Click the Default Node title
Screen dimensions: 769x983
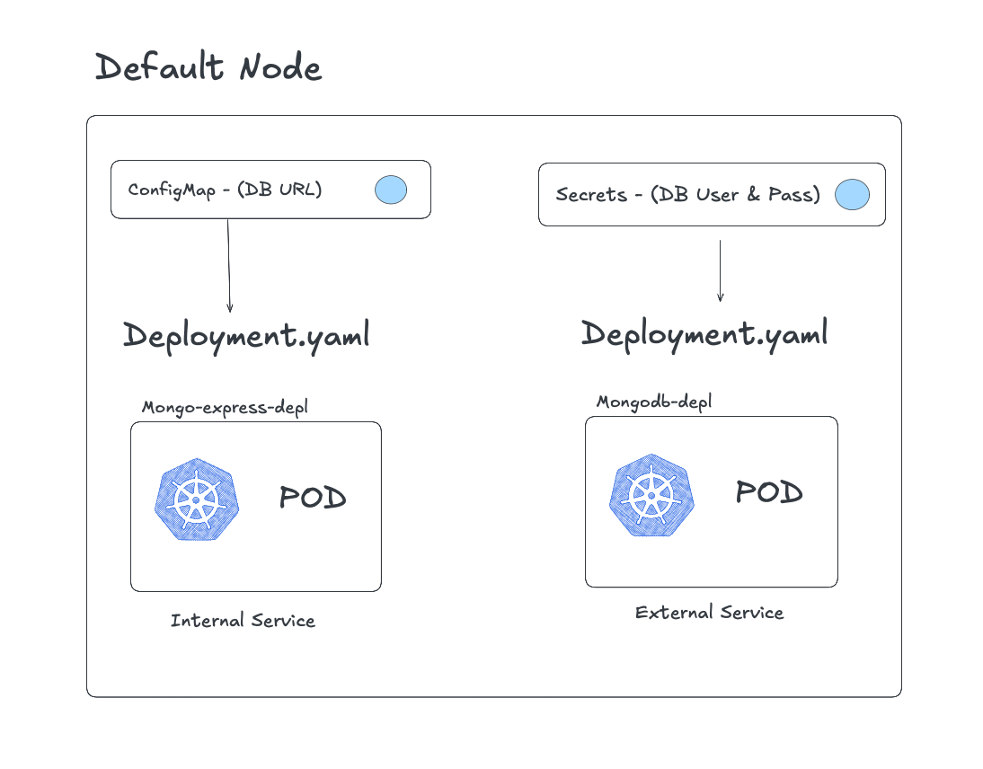tap(208, 67)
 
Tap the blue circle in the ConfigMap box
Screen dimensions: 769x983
tap(390, 190)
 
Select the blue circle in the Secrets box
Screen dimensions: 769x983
tap(852, 195)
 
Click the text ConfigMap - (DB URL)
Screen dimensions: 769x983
tap(225, 190)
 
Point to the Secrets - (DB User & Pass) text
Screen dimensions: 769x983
tap(687, 195)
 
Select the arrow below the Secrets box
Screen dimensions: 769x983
tap(720, 270)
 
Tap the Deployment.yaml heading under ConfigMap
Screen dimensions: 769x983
tap(246, 336)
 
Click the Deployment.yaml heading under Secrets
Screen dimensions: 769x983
tap(704, 334)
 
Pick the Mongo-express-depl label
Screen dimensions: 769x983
tap(225, 408)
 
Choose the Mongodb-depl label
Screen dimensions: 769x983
tap(654, 402)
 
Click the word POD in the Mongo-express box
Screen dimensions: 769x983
tap(312, 498)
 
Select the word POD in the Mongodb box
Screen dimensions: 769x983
tap(768, 492)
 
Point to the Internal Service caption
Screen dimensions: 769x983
tap(243, 621)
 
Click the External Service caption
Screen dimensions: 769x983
tap(709, 613)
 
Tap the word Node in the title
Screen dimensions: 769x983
tap(279, 67)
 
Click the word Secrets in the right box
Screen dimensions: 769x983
tap(590, 195)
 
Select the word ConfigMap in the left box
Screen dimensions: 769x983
tap(170, 190)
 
